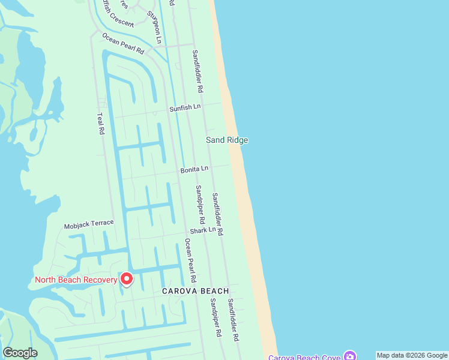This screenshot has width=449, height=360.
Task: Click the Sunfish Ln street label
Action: [184, 107]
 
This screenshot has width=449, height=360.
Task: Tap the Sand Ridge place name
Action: [227, 140]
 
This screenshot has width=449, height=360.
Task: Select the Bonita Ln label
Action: [194, 170]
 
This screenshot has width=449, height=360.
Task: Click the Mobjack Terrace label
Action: [89, 225]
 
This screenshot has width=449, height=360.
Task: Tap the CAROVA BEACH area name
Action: [195, 291]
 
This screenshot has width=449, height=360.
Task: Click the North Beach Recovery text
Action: [75, 280]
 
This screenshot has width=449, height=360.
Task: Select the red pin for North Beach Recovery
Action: [127, 279]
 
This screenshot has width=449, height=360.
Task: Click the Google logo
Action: [20, 353]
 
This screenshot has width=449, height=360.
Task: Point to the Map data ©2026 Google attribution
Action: [412, 355]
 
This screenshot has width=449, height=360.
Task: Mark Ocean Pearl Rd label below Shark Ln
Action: [190, 260]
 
